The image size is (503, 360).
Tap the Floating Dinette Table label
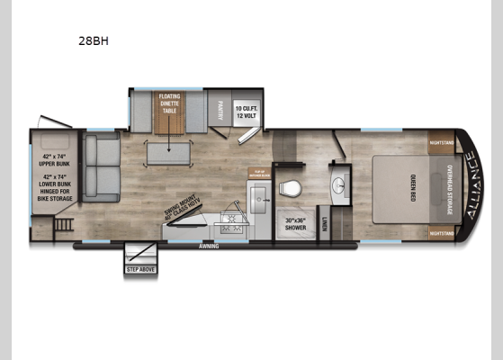[x=170, y=103]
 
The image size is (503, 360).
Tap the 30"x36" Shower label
[x=296, y=224]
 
